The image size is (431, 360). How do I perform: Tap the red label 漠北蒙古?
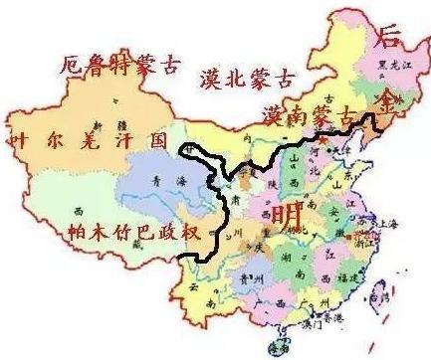[x=248, y=79]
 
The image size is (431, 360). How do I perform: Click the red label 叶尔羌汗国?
[x=87, y=140]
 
